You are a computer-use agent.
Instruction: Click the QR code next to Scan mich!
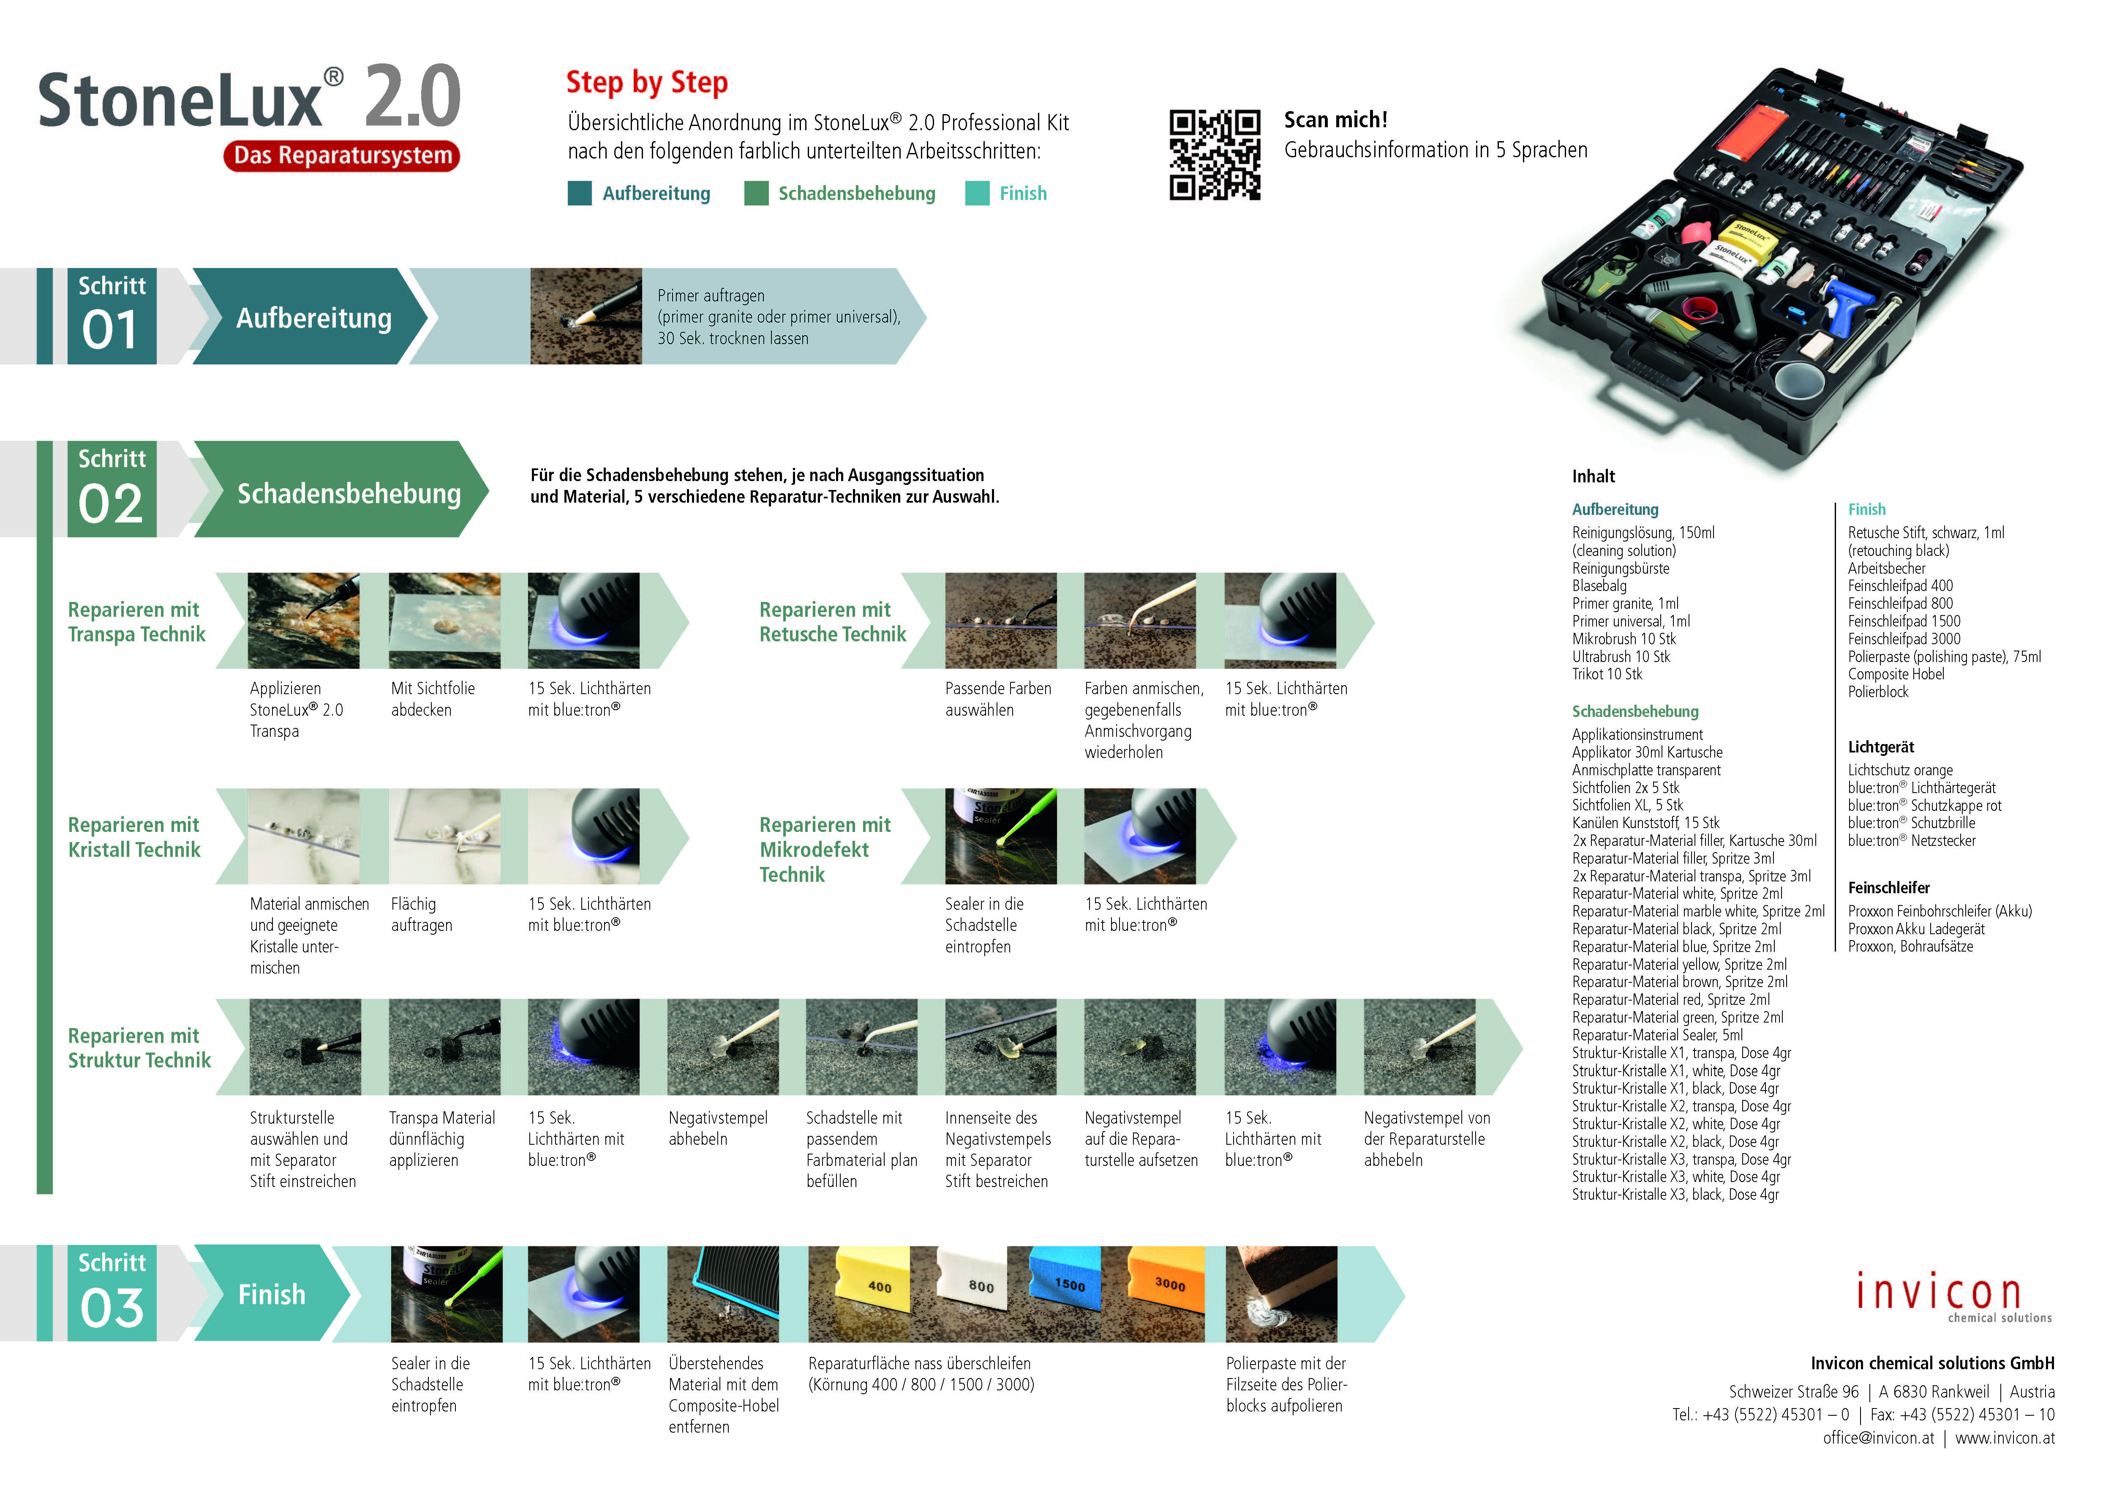1215,155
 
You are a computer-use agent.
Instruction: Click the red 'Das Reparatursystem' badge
342,156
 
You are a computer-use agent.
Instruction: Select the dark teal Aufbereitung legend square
579,193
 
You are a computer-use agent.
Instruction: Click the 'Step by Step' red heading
647,82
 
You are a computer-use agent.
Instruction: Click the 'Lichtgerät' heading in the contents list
1880,747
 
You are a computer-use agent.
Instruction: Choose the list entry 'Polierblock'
1878,692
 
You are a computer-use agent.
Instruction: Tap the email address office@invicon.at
1878,1438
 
